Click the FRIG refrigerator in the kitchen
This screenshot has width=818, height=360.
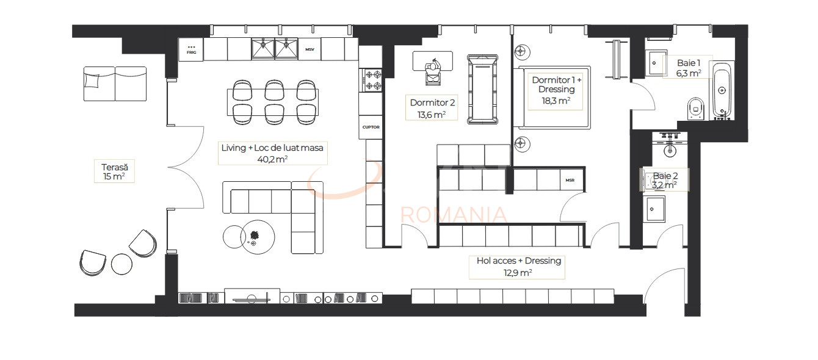point(191,49)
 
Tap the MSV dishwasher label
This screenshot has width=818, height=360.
point(309,49)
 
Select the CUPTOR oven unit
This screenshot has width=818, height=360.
point(371,128)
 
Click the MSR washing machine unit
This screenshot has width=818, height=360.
point(570,180)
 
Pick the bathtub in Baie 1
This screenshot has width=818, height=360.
point(722,90)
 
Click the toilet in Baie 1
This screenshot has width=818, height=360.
point(696,109)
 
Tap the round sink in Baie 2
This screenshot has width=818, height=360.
point(670,147)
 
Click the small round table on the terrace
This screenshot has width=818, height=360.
point(121,264)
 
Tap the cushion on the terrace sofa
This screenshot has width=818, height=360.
point(92,80)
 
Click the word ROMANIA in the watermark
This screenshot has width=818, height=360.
point(453,215)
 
